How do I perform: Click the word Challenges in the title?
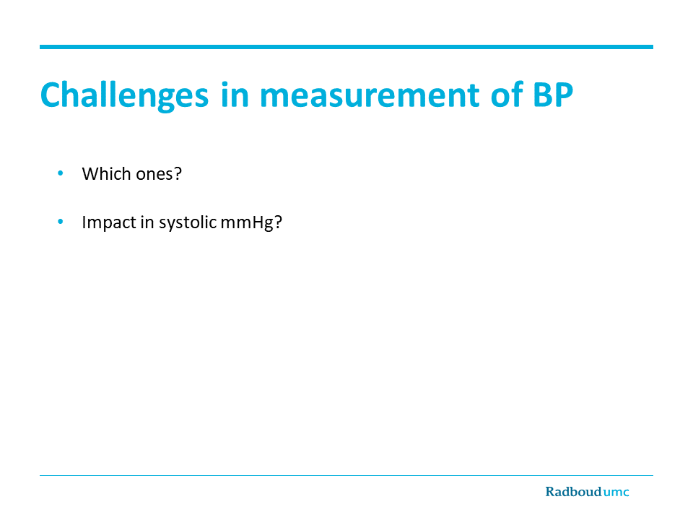point(124,96)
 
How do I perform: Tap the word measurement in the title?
point(370,95)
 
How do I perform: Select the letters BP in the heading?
point(553,95)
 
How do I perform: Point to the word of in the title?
point(507,95)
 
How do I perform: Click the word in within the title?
point(235,95)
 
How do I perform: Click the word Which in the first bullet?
point(107,174)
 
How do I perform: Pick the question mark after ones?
point(178,174)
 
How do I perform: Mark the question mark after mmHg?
point(278,222)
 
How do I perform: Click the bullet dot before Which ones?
point(61,173)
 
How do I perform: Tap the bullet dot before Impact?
point(61,222)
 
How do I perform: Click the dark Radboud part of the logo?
point(573,492)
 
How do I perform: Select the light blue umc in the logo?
point(616,493)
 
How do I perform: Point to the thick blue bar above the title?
point(346,47)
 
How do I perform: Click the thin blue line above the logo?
point(346,476)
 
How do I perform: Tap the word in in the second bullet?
point(147,222)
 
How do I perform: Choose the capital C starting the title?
point(50,95)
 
